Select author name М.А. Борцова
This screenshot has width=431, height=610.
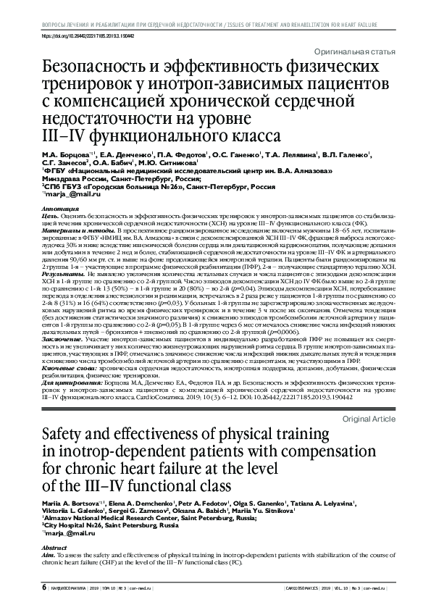coord(64,154)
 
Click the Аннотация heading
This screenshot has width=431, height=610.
coord(59,209)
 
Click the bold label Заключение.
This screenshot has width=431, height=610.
coord(59,338)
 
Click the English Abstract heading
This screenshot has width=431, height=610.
coord(54,548)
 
